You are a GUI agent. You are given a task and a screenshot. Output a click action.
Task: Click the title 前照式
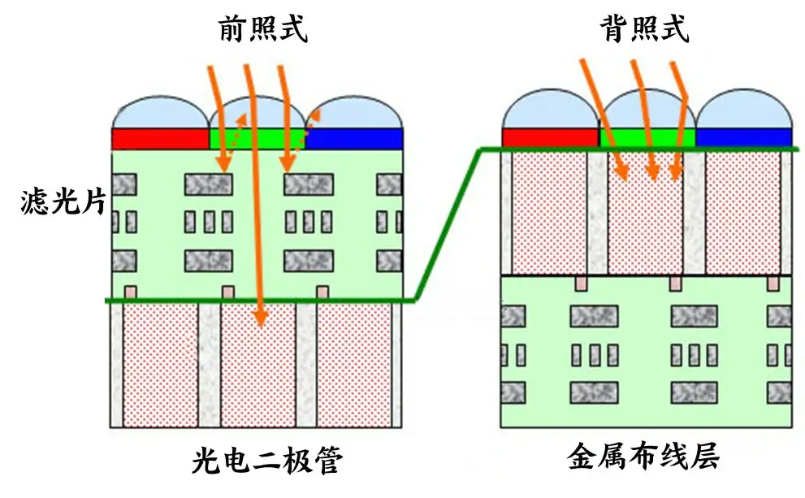coord(262,30)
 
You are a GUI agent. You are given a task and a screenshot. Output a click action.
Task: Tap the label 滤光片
coord(63,201)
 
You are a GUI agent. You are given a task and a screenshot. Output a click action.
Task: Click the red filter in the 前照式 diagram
coord(159,139)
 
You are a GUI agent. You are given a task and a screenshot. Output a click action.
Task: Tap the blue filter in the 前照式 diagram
coord(355,139)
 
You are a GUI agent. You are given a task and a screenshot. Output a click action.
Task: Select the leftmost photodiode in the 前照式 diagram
coord(160,366)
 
